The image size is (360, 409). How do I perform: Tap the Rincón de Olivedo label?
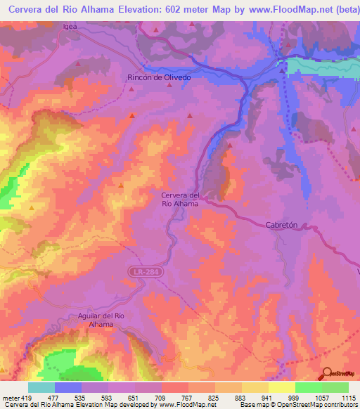coord(158,78)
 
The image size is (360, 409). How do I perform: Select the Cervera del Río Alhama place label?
coord(181,199)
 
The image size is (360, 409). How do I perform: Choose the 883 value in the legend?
coord(230,397)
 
